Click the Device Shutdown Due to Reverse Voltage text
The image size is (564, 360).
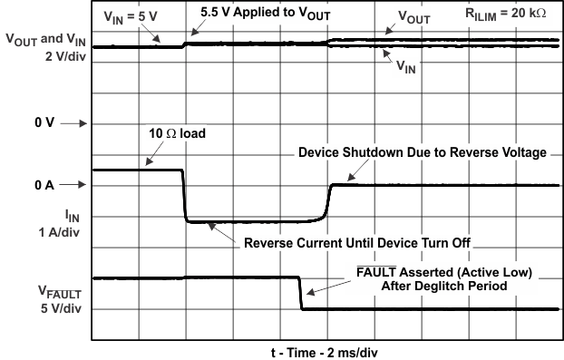pos(423,153)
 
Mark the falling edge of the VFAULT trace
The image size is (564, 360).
pos(300,293)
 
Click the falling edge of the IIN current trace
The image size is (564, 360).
pos(184,195)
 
